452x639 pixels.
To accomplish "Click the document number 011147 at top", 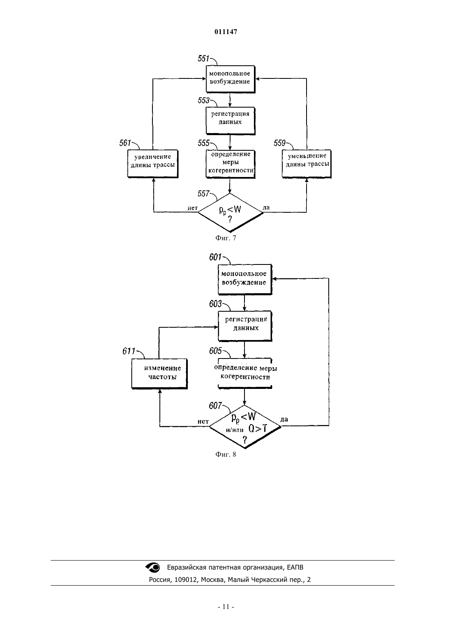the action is coord(226,32).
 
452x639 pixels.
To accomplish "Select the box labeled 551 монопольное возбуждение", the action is coord(230,79).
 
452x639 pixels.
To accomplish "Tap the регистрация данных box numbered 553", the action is coord(230,121).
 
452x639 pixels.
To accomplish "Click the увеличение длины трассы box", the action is coord(153,164).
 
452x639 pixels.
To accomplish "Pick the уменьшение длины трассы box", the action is coord(307,164).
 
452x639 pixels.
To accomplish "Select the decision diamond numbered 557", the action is coord(230,213).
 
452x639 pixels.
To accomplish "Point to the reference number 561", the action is coord(125,143).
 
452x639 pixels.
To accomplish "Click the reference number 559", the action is coord(280,143).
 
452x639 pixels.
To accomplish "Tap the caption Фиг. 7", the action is coord(226,238).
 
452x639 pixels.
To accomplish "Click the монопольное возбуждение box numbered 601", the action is coord(245,279).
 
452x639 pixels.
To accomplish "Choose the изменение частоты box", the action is coord(159,373).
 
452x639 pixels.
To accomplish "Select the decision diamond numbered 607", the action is coord(245,426).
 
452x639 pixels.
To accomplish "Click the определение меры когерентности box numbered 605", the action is coord(245,373).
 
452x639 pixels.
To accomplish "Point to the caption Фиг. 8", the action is coord(226,455).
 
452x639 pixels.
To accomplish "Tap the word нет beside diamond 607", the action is coord(203,421).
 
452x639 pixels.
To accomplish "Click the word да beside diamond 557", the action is coord(266,208).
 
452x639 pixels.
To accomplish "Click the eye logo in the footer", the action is coord(153,568).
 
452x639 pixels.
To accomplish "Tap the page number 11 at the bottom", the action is coord(226,607).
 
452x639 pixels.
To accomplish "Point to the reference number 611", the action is coord(128,351).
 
